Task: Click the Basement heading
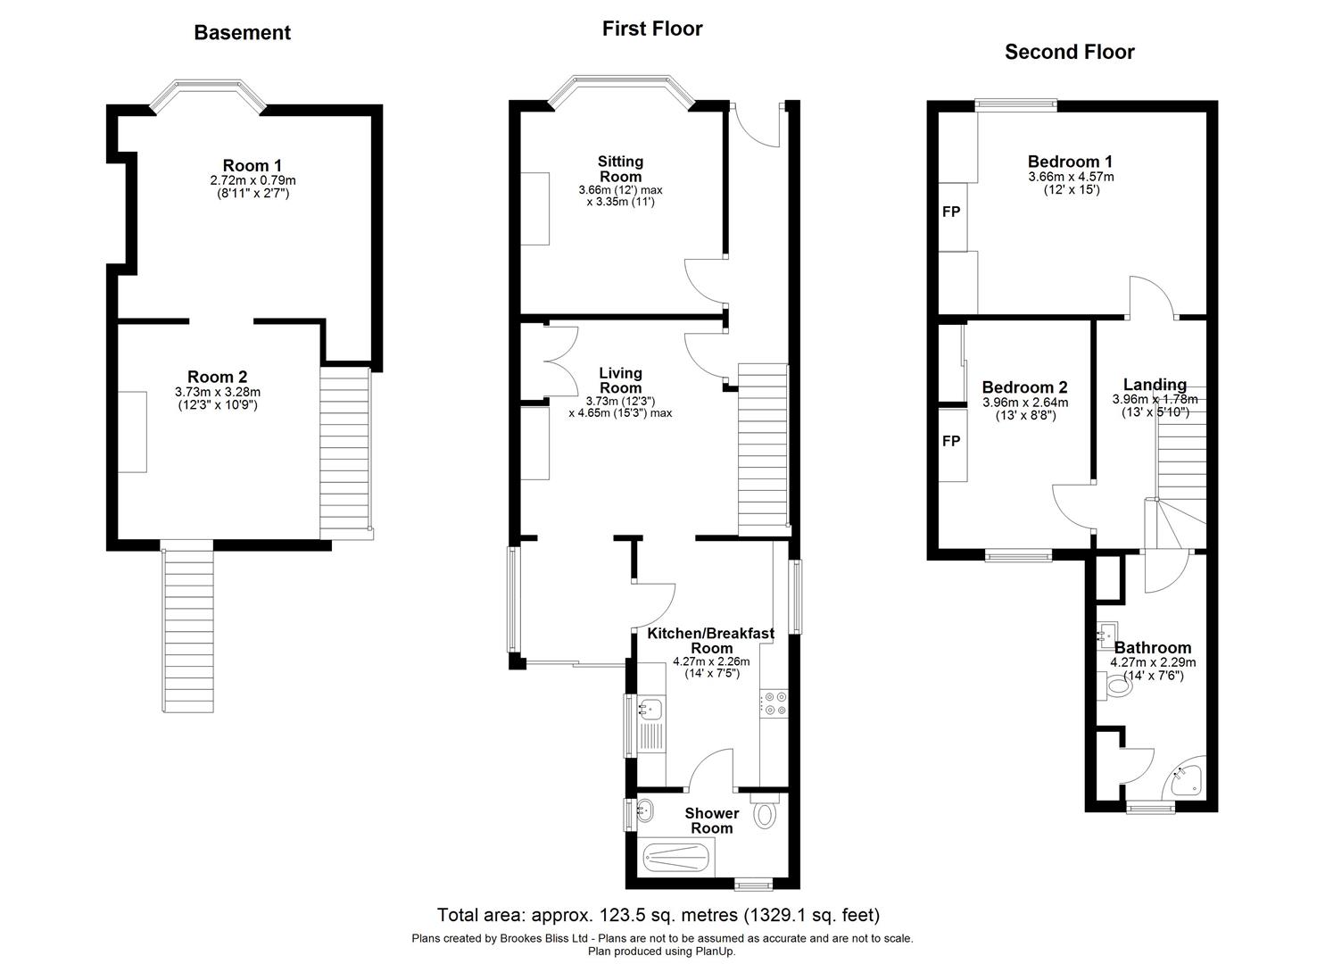242,33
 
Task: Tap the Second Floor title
1069,52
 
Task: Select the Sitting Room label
620,169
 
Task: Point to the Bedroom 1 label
1070,162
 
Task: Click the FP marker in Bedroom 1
951,212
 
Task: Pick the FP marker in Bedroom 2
951,442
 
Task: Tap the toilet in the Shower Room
765,814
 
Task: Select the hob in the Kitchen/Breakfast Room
773,703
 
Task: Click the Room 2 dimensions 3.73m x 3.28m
217,392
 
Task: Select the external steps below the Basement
188,630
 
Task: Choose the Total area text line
658,915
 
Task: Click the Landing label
1155,385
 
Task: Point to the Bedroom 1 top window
1016,103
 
